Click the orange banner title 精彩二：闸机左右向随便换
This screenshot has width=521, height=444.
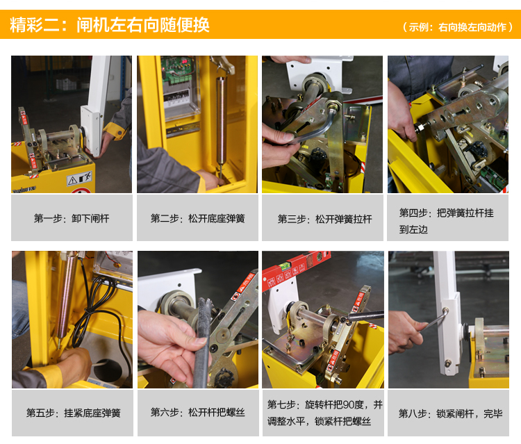pyautogui.click(x=110, y=24)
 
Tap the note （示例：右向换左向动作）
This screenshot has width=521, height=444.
pyautogui.click(x=457, y=27)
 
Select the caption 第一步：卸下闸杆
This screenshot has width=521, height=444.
pyautogui.click(x=72, y=218)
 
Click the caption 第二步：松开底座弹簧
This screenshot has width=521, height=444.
pyautogui.click(x=198, y=218)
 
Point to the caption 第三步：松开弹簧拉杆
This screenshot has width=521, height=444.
pyautogui.click(x=324, y=219)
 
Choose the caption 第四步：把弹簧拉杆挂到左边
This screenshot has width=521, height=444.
pyautogui.click(x=446, y=221)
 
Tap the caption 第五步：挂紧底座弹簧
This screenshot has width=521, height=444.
pyautogui.click(x=74, y=413)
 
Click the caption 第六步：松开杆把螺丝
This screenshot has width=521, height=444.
pyautogui.click(x=198, y=413)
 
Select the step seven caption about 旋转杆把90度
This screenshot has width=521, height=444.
pyautogui.click(x=324, y=413)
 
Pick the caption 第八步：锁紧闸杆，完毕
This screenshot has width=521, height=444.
pyautogui.click(x=450, y=413)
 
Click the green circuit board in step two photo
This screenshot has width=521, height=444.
pyautogui.click(x=177, y=70)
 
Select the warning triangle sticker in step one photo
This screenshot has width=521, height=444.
pyautogui.click(x=72, y=181)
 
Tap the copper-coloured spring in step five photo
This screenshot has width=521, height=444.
pyautogui.click(x=65, y=296)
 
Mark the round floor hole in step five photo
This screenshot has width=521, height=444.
pyautogui.click(x=107, y=370)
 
